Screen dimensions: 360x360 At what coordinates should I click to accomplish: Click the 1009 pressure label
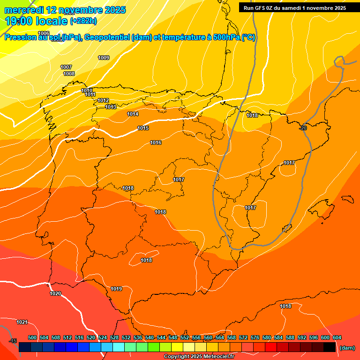point(104,58)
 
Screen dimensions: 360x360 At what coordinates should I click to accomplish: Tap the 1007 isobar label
point(66,67)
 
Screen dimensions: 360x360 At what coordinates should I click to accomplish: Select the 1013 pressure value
point(111,107)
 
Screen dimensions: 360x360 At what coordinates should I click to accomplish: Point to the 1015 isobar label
point(143,128)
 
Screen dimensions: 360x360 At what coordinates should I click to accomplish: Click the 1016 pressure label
point(156,142)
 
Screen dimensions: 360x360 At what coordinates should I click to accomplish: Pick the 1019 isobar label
point(116,289)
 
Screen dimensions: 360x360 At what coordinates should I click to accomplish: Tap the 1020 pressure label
point(55,293)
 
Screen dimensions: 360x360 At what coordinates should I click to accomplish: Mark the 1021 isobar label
point(22,322)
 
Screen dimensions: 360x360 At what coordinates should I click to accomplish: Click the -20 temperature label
point(303,128)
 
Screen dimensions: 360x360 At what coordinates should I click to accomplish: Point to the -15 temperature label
point(13,341)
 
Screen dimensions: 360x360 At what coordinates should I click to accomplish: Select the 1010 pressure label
point(87,90)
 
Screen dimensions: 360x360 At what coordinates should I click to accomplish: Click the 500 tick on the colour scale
point(32,337)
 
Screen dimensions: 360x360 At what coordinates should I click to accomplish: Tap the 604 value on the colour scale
point(337,337)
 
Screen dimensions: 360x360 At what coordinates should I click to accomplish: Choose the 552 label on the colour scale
point(185,337)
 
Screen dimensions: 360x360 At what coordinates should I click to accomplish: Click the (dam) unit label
point(347,348)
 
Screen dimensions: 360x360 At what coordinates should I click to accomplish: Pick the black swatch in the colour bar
point(330,347)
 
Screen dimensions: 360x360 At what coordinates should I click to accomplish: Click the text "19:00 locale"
point(36,21)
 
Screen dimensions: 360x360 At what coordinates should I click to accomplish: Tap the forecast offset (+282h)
point(83,21)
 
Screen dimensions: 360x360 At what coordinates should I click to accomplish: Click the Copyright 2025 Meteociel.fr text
point(199,356)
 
